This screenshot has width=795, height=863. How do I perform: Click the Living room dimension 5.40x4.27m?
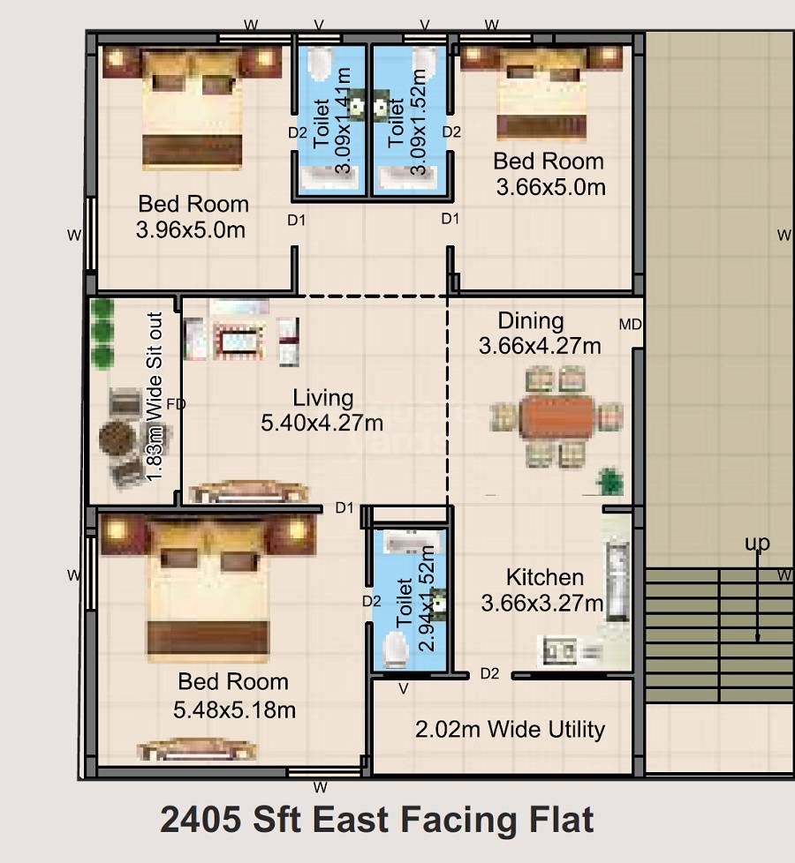click(322, 424)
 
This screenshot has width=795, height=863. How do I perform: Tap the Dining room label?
click(530, 320)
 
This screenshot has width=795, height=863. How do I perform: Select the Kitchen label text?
click(544, 578)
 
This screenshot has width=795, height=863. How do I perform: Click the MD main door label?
click(630, 326)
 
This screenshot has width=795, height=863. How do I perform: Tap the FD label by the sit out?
click(176, 404)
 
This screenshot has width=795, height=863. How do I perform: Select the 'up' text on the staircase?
click(757, 543)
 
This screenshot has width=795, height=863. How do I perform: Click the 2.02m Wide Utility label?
click(510, 730)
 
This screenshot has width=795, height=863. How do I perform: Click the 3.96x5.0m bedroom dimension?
click(191, 230)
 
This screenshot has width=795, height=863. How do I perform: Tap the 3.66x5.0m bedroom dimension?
click(550, 187)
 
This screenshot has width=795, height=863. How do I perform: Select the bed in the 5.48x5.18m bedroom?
click(208, 587)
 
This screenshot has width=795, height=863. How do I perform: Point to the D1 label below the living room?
click(344, 507)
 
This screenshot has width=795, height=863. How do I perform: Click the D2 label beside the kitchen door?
click(489, 674)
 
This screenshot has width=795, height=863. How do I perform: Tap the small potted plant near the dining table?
click(609, 482)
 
